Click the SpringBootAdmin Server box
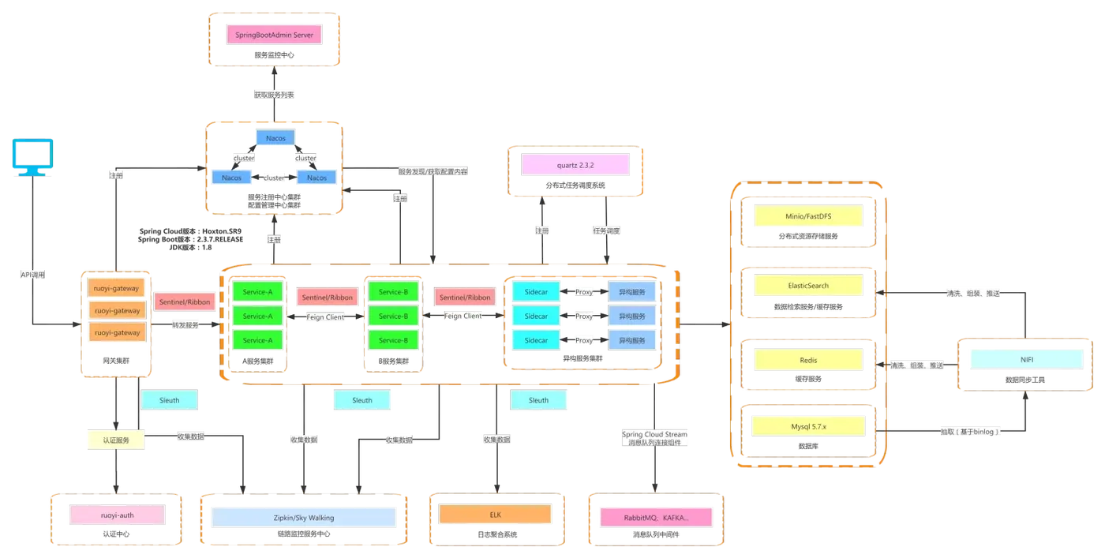coord(274,35)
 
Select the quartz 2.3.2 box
coord(575,165)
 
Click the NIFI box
coord(1026,359)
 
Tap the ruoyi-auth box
coord(118,515)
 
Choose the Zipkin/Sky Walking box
coord(304,517)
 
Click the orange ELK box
coord(495,515)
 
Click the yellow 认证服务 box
coord(114,440)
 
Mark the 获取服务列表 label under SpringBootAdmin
coord(274,93)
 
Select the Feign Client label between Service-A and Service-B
coord(326,316)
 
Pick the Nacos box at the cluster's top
coord(275,138)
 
